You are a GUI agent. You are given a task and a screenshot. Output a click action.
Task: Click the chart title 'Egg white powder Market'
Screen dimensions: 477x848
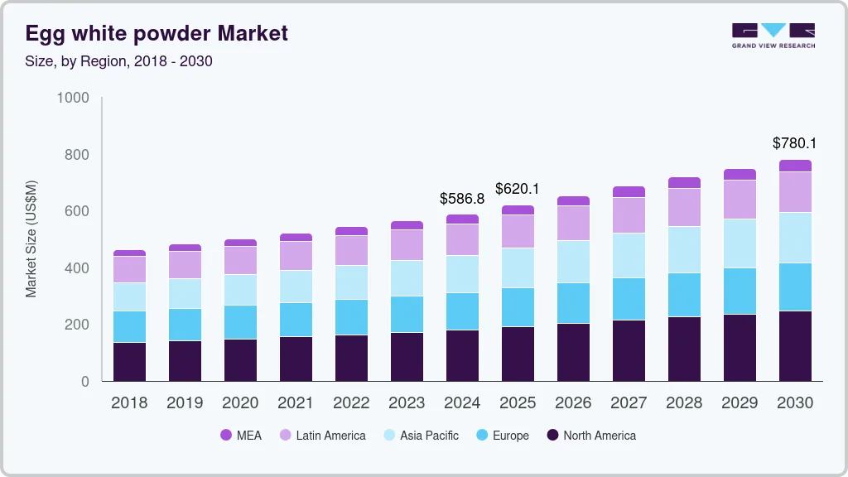pyautogui.click(x=157, y=33)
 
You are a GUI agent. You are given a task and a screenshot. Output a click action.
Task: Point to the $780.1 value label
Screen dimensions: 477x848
pyautogui.click(x=794, y=143)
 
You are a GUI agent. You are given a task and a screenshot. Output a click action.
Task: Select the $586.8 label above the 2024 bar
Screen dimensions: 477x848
pyautogui.click(x=462, y=198)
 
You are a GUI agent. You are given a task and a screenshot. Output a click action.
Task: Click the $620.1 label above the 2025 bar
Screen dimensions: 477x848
pyautogui.click(x=518, y=189)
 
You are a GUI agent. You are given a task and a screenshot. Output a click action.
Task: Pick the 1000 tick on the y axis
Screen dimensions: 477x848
pyautogui.click(x=73, y=98)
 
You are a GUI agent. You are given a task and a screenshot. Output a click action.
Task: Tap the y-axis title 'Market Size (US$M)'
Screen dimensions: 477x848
pyautogui.click(x=31, y=238)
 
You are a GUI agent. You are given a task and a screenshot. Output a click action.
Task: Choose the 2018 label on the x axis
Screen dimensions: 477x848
pyautogui.click(x=129, y=403)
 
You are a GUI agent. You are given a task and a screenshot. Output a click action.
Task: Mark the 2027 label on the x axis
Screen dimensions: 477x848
pyautogui.click(x=629, y=403)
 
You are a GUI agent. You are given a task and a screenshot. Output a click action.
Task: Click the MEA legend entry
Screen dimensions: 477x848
pyautogui.click(x=241, y=436)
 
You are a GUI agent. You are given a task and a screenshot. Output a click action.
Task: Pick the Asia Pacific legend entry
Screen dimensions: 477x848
pyautogui.click(x=419, y=436)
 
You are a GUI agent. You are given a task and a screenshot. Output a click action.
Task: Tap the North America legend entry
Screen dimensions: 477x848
pyautogui.click(x=590, y=436)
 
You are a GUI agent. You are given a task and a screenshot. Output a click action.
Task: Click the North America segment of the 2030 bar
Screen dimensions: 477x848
pyautogui.click(x=795, y=346)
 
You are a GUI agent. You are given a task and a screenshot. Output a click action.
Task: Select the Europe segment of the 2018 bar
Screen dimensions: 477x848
pyautogui.click(x=129, y=326)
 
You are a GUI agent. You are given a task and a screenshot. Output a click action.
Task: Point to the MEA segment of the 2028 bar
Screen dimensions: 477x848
pyautogui.click(x=684, y=183)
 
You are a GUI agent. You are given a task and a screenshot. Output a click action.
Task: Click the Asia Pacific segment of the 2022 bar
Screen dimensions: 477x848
pyautogui.click(x=351, y=282)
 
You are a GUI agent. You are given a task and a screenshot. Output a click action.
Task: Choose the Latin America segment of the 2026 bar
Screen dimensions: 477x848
pyautogui.click(x=573, y=223)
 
